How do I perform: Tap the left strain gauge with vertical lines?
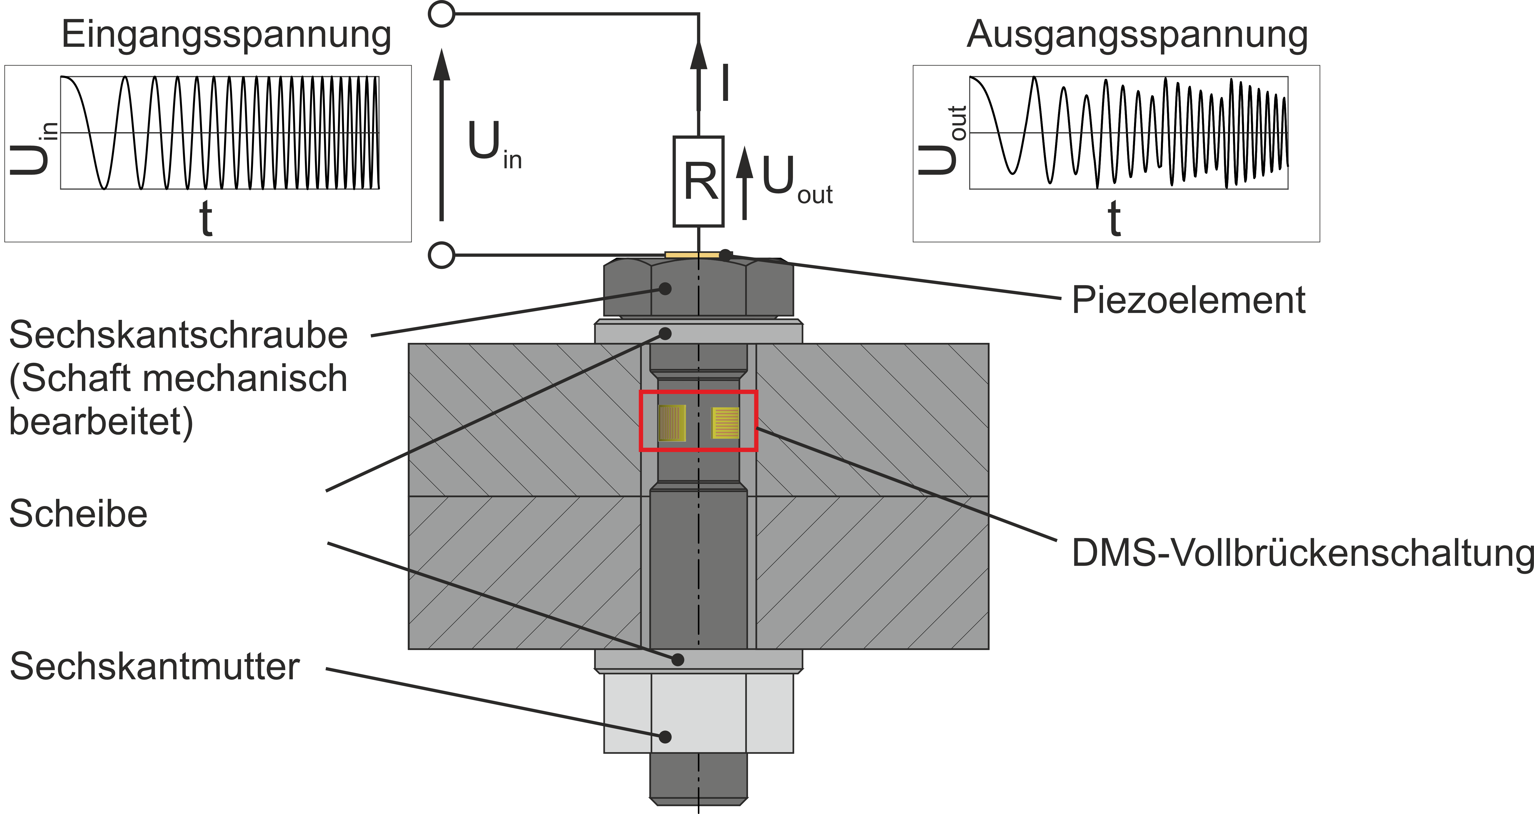(672, 423)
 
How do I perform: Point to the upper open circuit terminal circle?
(441, 14)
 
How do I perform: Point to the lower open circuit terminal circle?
(441, 256)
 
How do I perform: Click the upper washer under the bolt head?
(698, 332)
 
